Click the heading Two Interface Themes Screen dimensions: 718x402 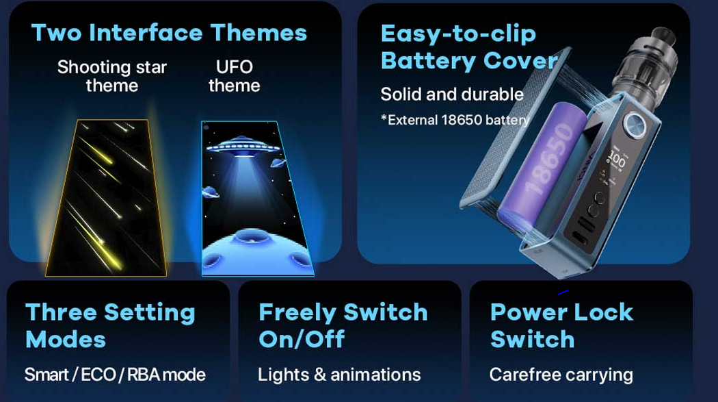point(169,33)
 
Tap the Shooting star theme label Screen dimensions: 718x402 point(111,76)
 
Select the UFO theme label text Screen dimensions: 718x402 point(234,76)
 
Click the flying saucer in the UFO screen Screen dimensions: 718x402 point(243,146)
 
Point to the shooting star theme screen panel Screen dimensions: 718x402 point(106,198)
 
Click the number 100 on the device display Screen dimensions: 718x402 point(616,159)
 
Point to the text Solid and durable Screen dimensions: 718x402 point(452,95)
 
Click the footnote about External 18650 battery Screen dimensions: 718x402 point(455,120)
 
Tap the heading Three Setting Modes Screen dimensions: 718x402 point(110,325)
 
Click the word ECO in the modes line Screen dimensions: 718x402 point(98,375)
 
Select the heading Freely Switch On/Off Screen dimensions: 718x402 point(343,325)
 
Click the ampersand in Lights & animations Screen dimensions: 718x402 point(320,375)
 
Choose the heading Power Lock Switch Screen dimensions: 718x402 point(562,325)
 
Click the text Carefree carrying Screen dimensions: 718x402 point(561,375)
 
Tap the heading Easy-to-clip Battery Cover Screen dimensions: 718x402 point(469,47)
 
